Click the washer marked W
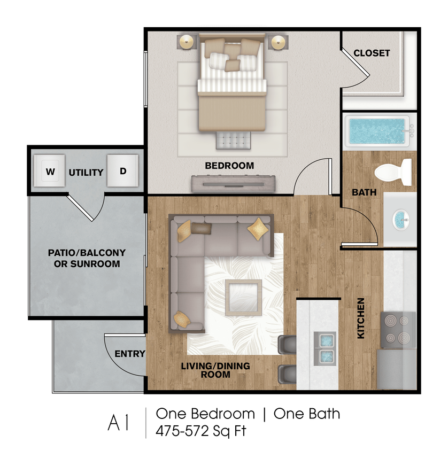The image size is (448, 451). point(49,171)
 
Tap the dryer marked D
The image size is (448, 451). point(123,171)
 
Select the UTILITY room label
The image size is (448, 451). point(86,173)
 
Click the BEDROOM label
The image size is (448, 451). point(229,166)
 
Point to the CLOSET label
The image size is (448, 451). point(372,53)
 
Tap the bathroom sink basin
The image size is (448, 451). point(400,218)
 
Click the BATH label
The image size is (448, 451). point(364,192)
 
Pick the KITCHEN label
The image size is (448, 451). point(361,318)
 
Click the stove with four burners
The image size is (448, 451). point(398,330)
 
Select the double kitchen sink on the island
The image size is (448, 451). point(325,347)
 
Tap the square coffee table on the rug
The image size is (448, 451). point(243,297)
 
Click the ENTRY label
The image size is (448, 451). point(130,354)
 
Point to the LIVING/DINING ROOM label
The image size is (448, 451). point(215,370)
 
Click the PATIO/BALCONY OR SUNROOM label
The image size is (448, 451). point(87,258)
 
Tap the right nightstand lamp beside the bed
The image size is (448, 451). point(278,42)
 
